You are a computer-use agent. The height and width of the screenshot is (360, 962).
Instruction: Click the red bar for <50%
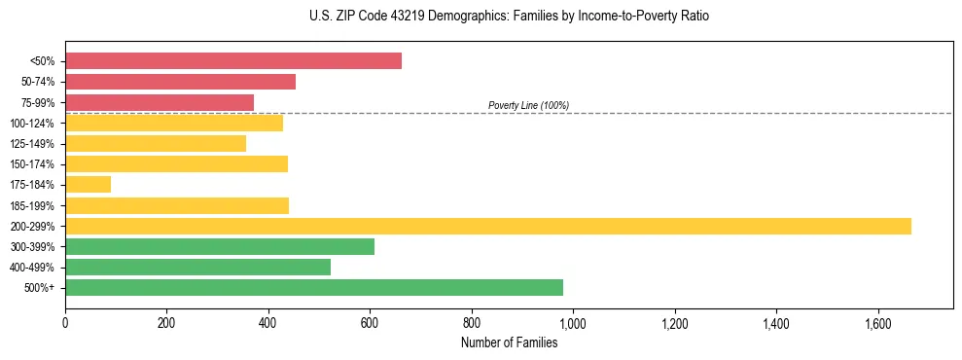[x=233, y=61]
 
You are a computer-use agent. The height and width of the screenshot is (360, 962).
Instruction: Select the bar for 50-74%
[x=180, y=82]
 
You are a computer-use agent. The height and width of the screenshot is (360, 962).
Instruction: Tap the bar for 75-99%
[x=160, y=102]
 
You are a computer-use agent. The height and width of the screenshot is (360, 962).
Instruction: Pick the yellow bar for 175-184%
[x=88, y=185]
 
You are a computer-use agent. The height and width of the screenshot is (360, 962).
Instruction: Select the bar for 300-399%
[x=220, y=246]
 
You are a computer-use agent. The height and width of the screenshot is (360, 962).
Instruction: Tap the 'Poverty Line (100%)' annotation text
[x=528, y=105]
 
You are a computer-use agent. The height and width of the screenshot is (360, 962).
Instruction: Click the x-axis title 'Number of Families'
[x=509, y=342]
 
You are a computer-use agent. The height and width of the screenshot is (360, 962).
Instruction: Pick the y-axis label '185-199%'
[x=33, y=205]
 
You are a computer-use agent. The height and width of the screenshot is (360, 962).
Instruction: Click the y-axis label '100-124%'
[x=33, y=124]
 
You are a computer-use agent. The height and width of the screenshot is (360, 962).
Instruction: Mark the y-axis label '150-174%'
[x=33, y=164]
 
